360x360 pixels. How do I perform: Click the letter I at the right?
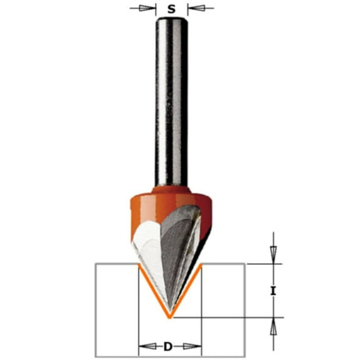click(x=273, y=291)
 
